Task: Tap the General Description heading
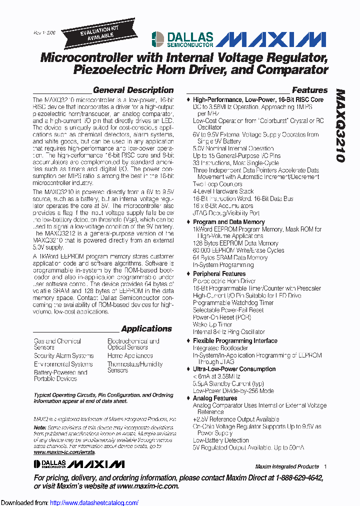(x=133, y=90)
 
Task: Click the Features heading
(x=309, y=90)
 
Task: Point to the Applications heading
(x=146, y=329)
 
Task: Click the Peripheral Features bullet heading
(x=219, y=274)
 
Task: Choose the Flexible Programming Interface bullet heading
(x=235, y=341)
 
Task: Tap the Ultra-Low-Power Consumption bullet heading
(x=234, y=369)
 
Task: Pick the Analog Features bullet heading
(x=215, y=398)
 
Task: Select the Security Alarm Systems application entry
(x=63, y=356)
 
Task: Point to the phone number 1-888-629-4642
(x=294, y=478)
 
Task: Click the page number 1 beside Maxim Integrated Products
(x=325, y=466)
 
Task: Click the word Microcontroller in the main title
(x=86, y=57)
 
